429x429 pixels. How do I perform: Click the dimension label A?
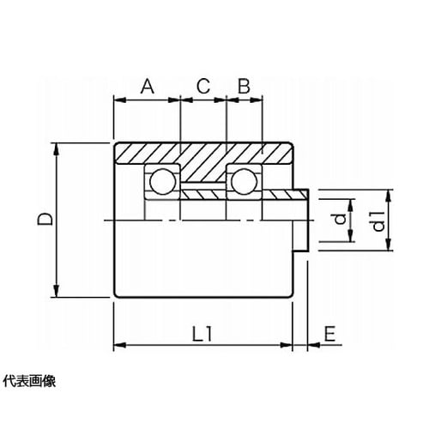(148, 87)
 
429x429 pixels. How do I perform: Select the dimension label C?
(203, 86)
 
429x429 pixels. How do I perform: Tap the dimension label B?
(244, 86)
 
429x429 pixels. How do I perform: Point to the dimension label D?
(45, 219)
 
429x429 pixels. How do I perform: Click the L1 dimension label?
(202, 334)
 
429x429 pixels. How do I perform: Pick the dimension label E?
(329, 334)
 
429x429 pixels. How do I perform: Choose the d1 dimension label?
(379, 221)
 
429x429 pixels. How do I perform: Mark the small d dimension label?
(340, 220)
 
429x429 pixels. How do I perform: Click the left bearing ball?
(162, 181)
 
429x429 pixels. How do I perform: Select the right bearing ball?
(244, 181)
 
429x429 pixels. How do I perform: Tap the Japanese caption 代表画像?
(29, 381)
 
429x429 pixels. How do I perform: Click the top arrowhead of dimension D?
(57, 149)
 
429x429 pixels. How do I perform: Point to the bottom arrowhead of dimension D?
(57, 291)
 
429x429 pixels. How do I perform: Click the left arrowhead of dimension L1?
(120, 345)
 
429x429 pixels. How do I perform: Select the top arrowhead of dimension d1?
(388, 196)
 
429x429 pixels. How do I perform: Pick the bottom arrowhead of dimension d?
(350, 235)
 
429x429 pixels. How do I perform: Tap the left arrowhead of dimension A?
(120, 100)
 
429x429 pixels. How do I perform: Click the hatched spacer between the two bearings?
(203, 195)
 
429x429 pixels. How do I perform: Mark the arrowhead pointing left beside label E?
(314, 345)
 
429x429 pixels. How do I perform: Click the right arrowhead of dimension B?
(257, 100)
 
